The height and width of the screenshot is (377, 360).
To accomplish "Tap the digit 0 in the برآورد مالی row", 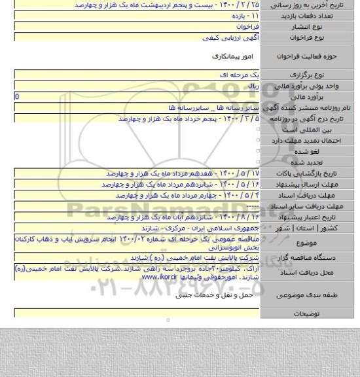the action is click(7, 96).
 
